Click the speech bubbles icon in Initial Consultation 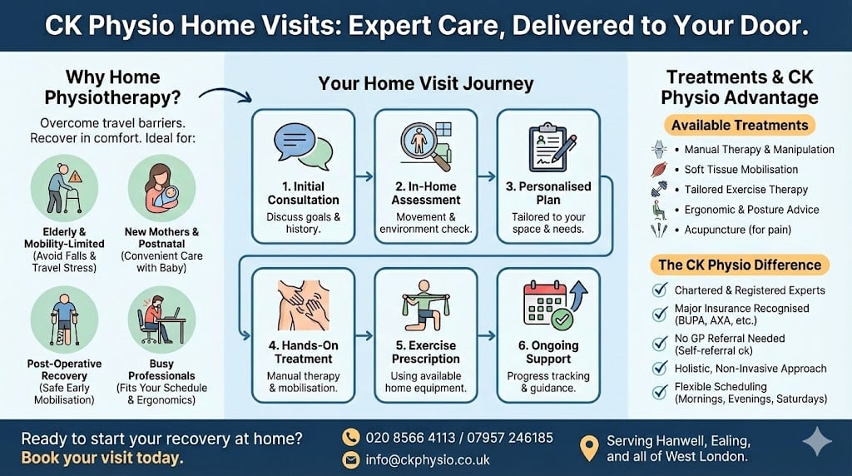[x=303, y=145]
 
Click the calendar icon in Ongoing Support [x=549, y=302]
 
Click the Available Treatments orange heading [x=740, y=126]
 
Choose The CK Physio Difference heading [x=740, y=265]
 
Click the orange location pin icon [x=589, y=448]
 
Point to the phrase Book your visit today [x=102, y=459]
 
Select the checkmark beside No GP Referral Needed [x=660, y=342]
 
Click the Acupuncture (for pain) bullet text [x=737, y=230]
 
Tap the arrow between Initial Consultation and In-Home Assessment [x=364, y=176]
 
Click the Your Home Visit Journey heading [x=426, y=84]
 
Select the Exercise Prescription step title [x=426, y=352]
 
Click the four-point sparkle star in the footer [x=815, y=441]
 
